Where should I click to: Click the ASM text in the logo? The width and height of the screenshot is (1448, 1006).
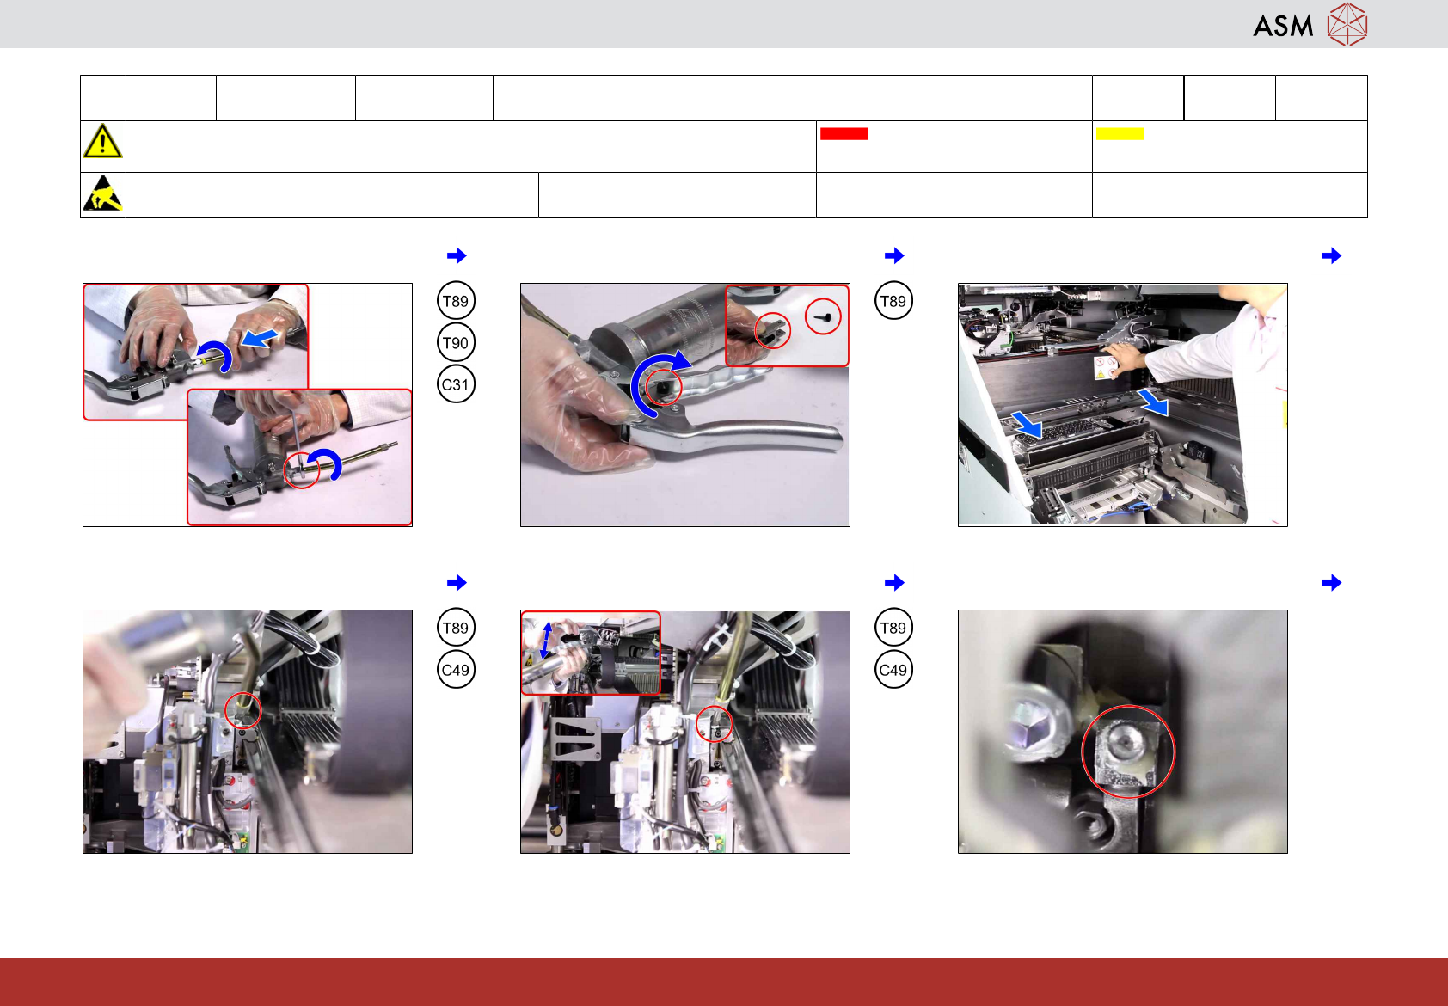(1283, 26)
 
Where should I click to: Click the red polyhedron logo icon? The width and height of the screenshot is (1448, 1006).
(1347, 24)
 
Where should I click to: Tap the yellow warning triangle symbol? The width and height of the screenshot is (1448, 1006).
(102, 141)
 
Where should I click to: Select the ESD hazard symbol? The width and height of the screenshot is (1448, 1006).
(103, 193)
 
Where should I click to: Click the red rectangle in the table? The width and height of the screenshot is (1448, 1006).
(844, 134)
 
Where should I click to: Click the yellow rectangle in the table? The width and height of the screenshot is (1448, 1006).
(1120, 134)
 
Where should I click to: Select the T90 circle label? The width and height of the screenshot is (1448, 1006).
(456, 343)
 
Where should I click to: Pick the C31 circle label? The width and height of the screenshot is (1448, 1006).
(456, 384)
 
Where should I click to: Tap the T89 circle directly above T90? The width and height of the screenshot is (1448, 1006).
(456, 301)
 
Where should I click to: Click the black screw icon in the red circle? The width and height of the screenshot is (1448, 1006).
(823, 317)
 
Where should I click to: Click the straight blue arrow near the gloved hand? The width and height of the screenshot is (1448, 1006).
(260, 338)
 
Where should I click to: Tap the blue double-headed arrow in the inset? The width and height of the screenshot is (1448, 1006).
(547, 641)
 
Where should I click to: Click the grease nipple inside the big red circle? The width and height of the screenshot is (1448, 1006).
(1126, 750)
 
